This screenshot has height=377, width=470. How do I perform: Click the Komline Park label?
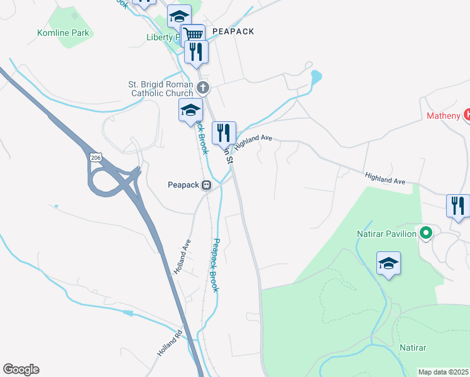point(63,33)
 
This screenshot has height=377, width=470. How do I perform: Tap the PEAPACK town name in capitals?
point(233,31)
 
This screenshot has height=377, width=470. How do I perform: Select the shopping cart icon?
point(194,35)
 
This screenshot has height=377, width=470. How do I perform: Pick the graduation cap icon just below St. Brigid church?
point(190,111)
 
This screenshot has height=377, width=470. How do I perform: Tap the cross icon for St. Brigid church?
point(202,87)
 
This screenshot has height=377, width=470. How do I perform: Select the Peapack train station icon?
point(206,185)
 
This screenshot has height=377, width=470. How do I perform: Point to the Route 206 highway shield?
point(95,157)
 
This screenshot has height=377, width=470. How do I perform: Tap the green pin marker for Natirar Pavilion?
point(426,234)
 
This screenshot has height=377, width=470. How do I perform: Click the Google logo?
point(21,369)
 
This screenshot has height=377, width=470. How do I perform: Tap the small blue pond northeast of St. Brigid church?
point(315,78)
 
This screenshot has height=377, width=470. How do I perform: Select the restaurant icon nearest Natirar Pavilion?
point(458,205)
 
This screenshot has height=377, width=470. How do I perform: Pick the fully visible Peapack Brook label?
point(214,265)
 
